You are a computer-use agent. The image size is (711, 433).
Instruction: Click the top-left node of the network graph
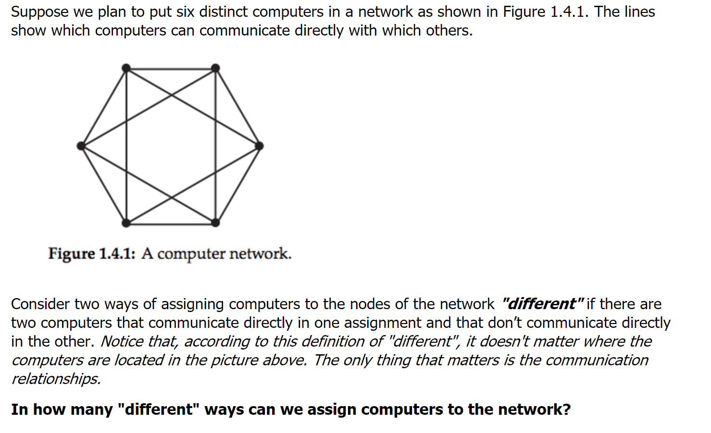tap(126, 68)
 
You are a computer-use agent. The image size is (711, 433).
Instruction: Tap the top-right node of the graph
tap(215, 68)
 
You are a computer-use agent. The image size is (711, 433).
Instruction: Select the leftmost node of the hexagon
tap(81, 145)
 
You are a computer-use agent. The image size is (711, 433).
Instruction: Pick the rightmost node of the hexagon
tap(259, 145)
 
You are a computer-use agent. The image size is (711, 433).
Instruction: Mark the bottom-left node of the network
tap(126, 223)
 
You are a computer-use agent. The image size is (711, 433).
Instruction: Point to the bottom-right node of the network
tap(215, 223)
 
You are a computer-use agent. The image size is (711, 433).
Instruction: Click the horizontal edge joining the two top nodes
tap(171, 69)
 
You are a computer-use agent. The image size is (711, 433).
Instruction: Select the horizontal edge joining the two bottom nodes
tap(171, 223)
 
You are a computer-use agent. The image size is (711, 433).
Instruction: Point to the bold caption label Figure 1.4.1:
tap(91, 253)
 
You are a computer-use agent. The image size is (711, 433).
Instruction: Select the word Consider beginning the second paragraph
tap(40, 304)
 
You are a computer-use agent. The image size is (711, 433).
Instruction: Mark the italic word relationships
tap(56, 379)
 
